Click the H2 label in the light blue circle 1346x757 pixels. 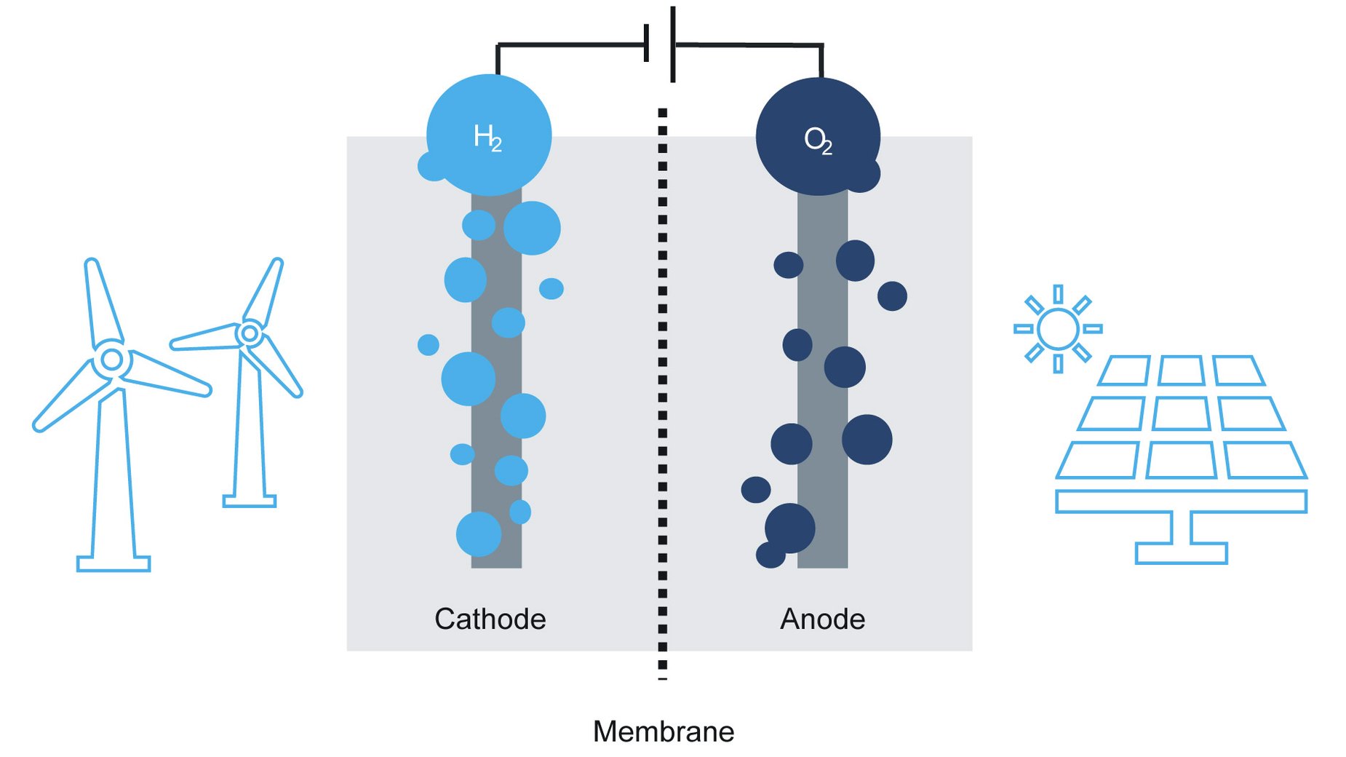[487, 137]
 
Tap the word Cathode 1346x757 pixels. [490, 619]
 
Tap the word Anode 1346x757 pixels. [822, 619]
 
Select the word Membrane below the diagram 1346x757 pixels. [663, 732]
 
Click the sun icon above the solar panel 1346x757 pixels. [1057, 328]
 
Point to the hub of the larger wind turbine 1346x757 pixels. [112, 359]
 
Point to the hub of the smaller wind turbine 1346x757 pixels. [250, 333]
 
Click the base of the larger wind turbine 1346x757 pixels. [114, 563]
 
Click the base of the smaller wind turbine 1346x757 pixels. [249, 501]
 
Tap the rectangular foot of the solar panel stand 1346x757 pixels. [1181, 552]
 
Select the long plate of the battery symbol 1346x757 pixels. [673, 44]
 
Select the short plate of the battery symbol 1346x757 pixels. [646, 43]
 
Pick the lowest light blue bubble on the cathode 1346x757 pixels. [478, 534]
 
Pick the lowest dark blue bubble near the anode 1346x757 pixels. [770, 555]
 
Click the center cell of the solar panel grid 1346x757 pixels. [1180, 414]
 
